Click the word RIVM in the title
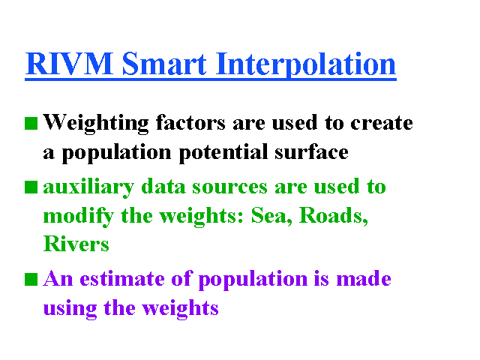pos(70,64)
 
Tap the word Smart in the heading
pos(164,64)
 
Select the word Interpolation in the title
pos(306,65)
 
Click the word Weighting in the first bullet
pos(96,124)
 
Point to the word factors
pos(190,122)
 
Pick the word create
pos(382,123)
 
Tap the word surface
pos(311,151)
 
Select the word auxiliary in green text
pos(88,187)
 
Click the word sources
pos(229,187)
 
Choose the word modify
pos(79,217)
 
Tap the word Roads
pos(334,215)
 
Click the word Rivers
pos(76,244)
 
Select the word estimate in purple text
pos(122,279)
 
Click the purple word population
pos(253,280)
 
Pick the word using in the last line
pos(70,309)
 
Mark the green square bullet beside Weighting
pos(31,123)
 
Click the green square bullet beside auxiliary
pos(31,187)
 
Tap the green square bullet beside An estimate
pos(31,280)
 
